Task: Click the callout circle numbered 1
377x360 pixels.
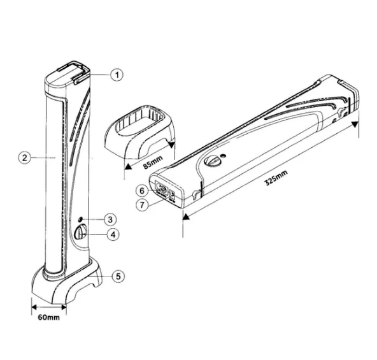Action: click(x=117, y=75)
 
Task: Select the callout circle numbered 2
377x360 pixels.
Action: click(x=25, y=158)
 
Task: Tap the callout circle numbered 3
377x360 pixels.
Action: click(x=110, y=219)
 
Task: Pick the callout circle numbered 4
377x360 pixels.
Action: click(x=113, y=234)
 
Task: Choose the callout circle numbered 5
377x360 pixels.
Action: click(x=118, y=277)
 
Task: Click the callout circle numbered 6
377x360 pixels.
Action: click(x=142, y=191)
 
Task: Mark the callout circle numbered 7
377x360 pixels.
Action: click(x=142, y=205)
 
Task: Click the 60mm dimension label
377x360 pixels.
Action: click(x=49, y=317)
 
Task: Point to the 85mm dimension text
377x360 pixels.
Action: click(x=153, y=162)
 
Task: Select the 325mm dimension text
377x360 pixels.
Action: click(x=276, y=178)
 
